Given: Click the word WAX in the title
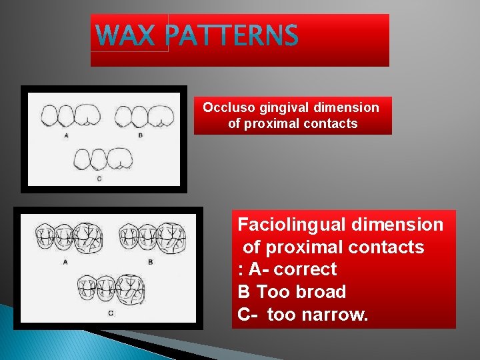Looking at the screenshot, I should pos(129,36).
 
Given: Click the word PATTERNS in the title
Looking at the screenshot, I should pos(232,36).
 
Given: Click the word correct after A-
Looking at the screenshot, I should pos(305,269).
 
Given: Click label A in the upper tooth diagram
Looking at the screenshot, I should pos(67,135).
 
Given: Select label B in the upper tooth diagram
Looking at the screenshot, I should pos(140,135).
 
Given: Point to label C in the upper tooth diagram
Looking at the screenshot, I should pos(99,178).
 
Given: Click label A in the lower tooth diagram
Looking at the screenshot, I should pos(65,262).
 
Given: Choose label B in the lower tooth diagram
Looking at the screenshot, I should pos(151,262).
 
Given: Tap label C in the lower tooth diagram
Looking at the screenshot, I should pos(111,313).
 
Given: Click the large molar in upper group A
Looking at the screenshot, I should pos(87,116).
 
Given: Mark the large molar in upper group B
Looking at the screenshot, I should pos(160,116).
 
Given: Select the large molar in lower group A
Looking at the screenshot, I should pos(86,237).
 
